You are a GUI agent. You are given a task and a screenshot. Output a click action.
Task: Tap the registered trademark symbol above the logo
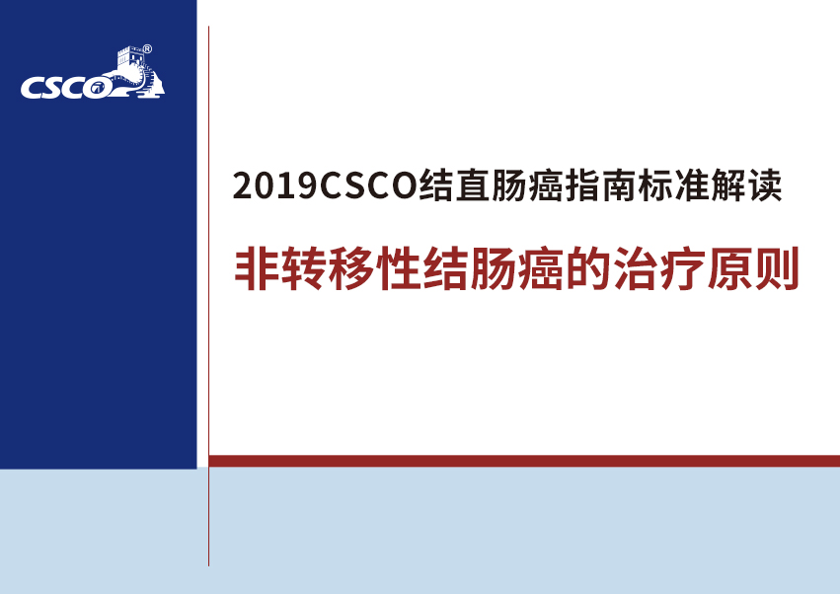click(147, 49)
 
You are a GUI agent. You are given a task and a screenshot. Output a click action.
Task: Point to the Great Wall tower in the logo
click(130, 57)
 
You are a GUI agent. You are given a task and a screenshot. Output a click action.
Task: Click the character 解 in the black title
click(728, 186)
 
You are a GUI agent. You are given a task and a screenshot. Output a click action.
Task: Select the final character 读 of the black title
click(765, 186)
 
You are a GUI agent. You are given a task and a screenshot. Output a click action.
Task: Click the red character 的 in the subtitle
click(588, 268)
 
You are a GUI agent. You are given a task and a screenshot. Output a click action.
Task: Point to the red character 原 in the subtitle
click(729, 268)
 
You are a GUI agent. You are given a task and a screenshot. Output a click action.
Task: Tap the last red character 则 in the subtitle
click(777, 268)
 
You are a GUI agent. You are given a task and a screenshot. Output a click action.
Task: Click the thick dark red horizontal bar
click(524, 461)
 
